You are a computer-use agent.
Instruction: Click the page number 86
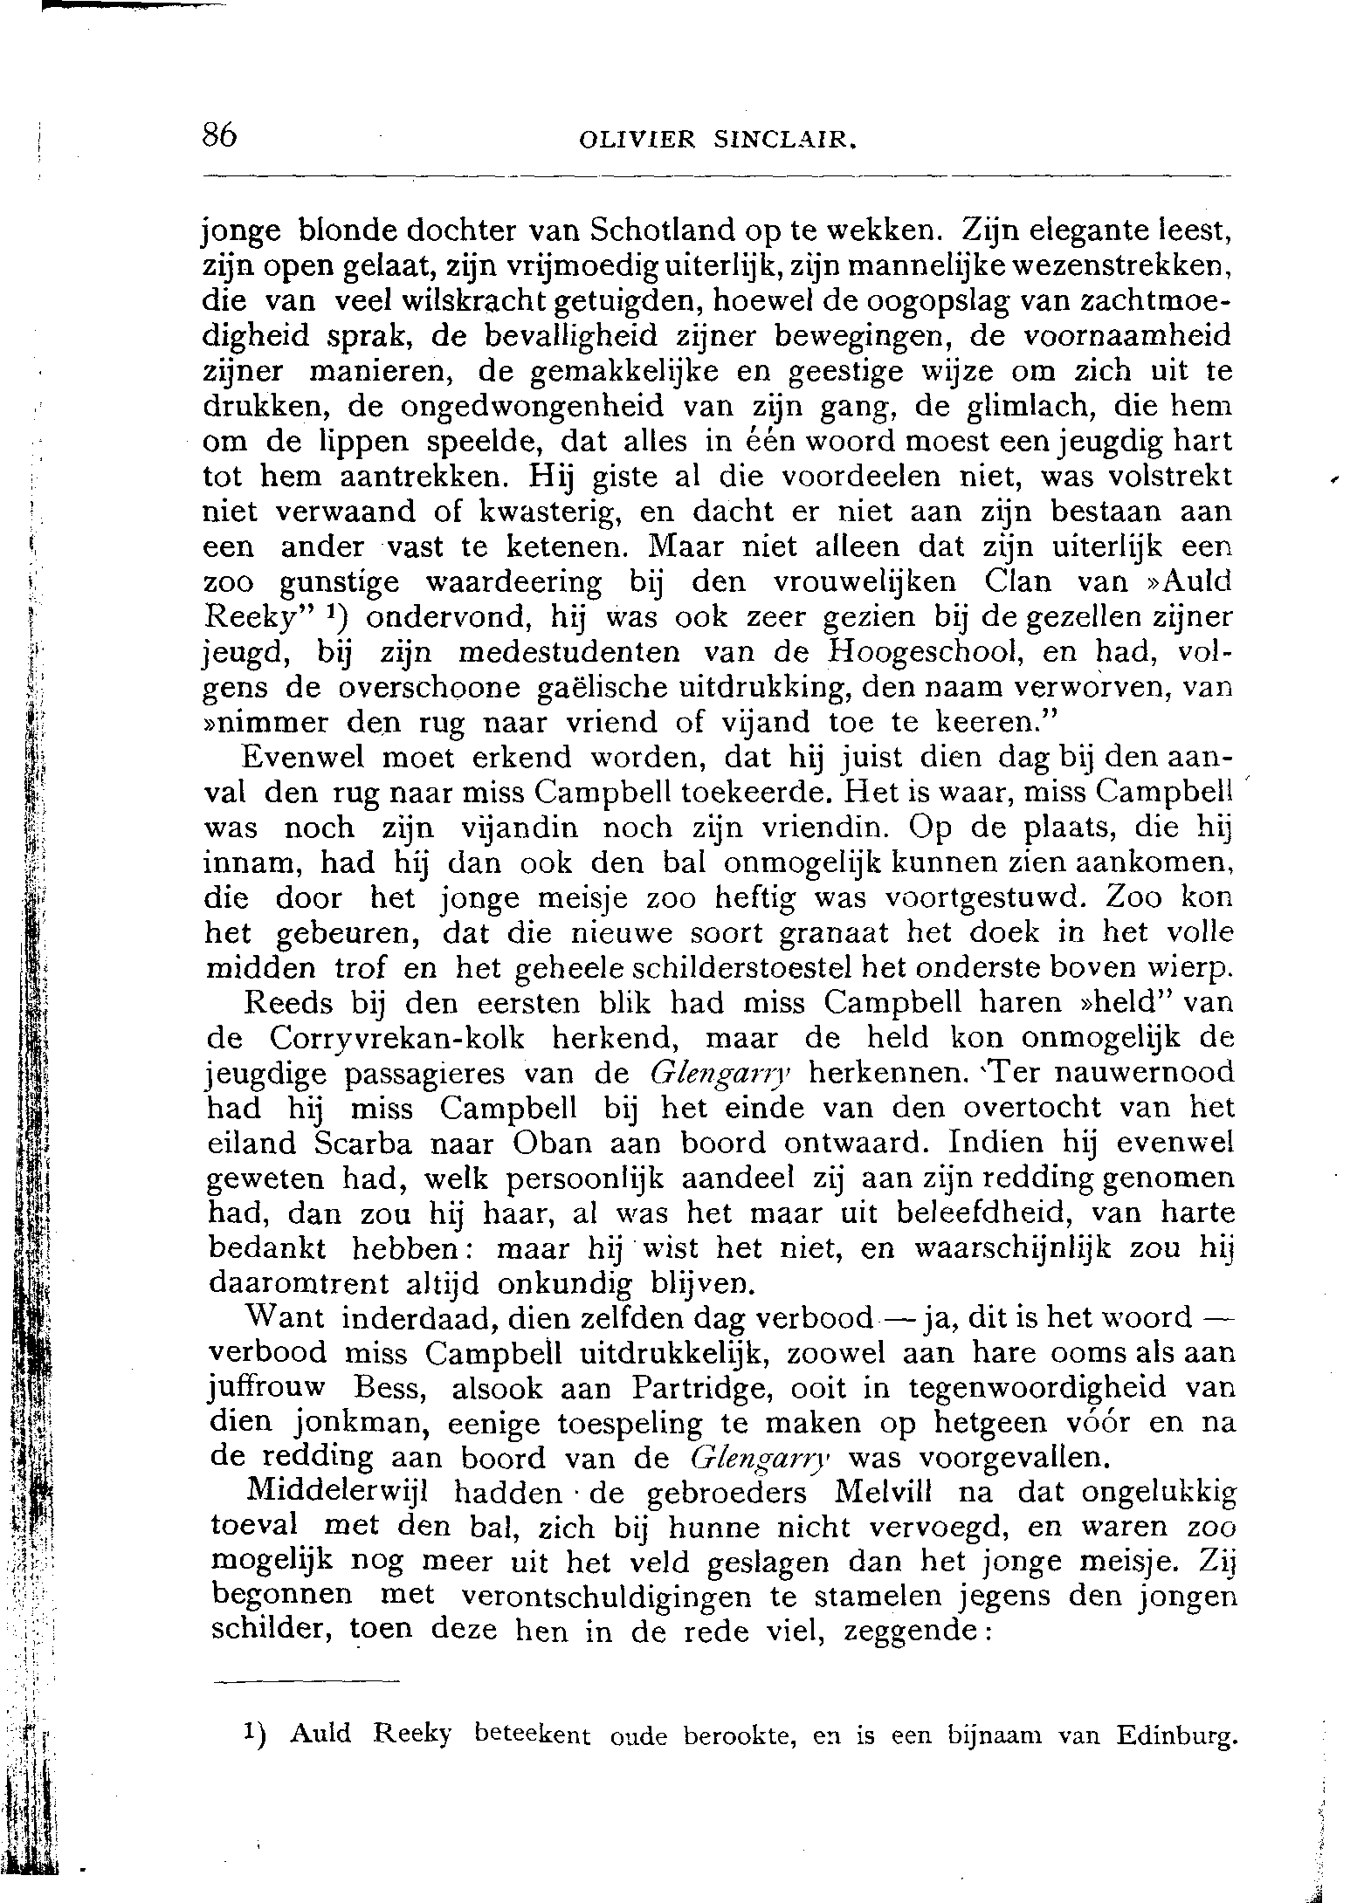220,136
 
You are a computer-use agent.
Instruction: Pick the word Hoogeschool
913,652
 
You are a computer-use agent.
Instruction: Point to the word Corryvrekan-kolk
398,1038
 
